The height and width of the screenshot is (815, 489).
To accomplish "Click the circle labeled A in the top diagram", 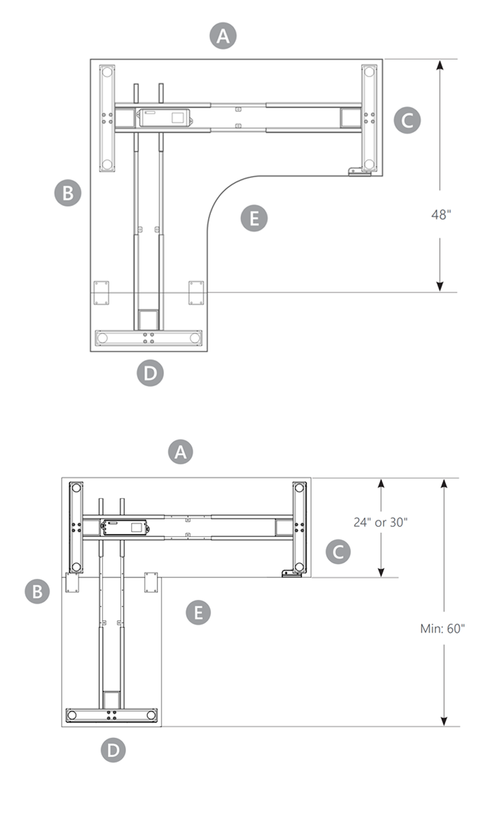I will point(223,36).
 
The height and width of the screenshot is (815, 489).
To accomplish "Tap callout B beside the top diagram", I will point(68,193).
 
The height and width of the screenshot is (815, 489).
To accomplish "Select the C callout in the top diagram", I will point(407,120).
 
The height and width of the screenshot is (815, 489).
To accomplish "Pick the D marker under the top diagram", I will point(150,373).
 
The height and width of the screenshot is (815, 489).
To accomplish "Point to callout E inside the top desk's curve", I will point(254,218).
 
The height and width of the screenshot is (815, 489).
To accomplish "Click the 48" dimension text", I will point(441,215).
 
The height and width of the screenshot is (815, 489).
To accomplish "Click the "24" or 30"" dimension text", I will point(380,522).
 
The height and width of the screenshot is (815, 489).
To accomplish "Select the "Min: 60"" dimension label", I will point(442,629).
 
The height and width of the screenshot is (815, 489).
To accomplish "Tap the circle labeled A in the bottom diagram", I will point(180,452).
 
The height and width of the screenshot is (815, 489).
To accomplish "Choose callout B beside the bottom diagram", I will point(37,591).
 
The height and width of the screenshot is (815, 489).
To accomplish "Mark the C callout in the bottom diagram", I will point(338,551).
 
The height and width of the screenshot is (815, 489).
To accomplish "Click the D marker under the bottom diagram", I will point(113,750).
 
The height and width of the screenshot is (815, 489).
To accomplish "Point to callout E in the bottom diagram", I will point(198,612).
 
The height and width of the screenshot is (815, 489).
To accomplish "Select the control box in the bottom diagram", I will point(126,527).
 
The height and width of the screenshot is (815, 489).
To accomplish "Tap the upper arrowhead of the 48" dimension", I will point(440,65).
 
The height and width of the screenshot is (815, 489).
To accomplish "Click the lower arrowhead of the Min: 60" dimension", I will point(444,720).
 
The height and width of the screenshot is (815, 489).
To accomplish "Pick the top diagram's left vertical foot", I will point(107,118).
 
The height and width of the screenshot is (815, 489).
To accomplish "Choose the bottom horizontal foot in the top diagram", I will point(148,338).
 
